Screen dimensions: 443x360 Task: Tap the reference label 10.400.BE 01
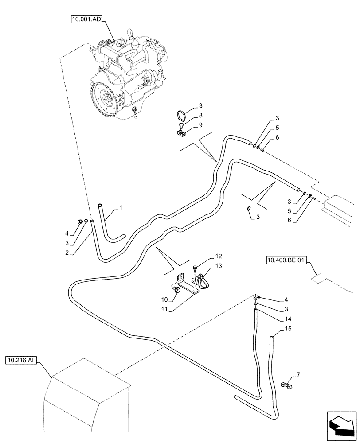coord(286,260)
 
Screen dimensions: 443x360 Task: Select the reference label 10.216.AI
coord(21,361)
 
